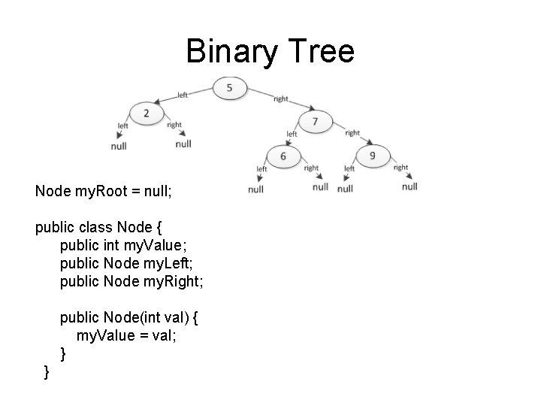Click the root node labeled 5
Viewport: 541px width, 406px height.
click(229, 89)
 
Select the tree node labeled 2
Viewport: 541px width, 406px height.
click(146, 114)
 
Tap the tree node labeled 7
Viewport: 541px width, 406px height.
click(315, 121)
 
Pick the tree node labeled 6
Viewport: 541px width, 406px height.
click(283, 156)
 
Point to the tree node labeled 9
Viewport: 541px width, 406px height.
click(373, 156)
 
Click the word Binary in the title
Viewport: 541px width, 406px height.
click(226, 52)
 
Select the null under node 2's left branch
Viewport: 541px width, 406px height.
click(119, 146)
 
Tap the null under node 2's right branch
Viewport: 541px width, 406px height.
click(183, 143)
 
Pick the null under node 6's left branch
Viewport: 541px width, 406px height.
click(255, 189)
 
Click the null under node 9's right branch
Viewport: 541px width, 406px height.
click(410, 186)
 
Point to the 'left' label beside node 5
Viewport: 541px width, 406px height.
click(183, 95)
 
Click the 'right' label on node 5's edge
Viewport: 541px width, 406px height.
click(280, 98)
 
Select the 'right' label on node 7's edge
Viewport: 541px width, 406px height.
click(352, 133)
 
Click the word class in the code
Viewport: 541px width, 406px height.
click(95, 227)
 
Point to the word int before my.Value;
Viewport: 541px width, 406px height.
click(112, 245)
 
